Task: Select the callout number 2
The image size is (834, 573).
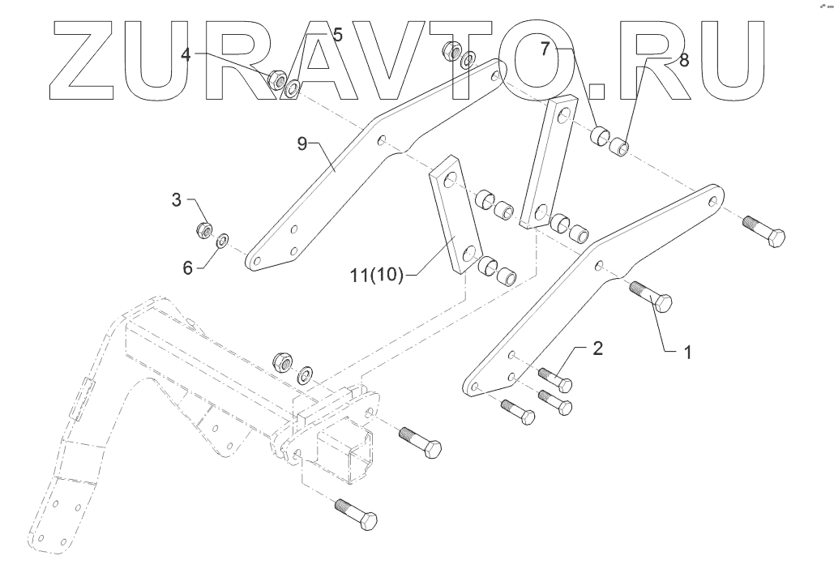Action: pyautogui.click(x=597, y=349)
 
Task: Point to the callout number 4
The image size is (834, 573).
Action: pyautogui.click(x=186, y=54)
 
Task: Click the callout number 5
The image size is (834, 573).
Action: pyautogui.click(x=337, y=35)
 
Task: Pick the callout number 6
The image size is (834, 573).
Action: pyautogui.click(x=187, y=267)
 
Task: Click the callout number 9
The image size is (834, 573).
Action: pyautogui.click(x=302, y=144)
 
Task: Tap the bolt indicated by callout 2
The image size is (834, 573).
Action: pyautogui.click(x=554, y=379)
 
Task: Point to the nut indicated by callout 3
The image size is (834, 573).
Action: pyautogui.click(x=205, y=229)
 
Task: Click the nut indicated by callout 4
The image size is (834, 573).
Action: pyautogui.click(x=276, y=79)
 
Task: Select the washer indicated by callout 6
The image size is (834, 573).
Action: pyautogui.click(x=221, y=238)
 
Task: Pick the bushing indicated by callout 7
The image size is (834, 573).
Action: pyautogui.click(x=601, y=137)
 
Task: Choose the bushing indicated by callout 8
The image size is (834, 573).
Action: pyautogui.click(x=620, y=148)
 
